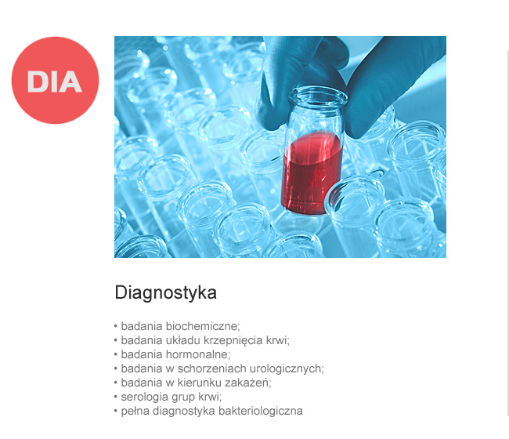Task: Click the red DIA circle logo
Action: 55,80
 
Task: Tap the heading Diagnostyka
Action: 165,292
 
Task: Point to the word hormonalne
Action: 198,354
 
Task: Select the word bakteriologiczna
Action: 261,411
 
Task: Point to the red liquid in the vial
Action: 312,173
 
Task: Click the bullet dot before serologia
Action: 116,397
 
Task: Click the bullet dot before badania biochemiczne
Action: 116,326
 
